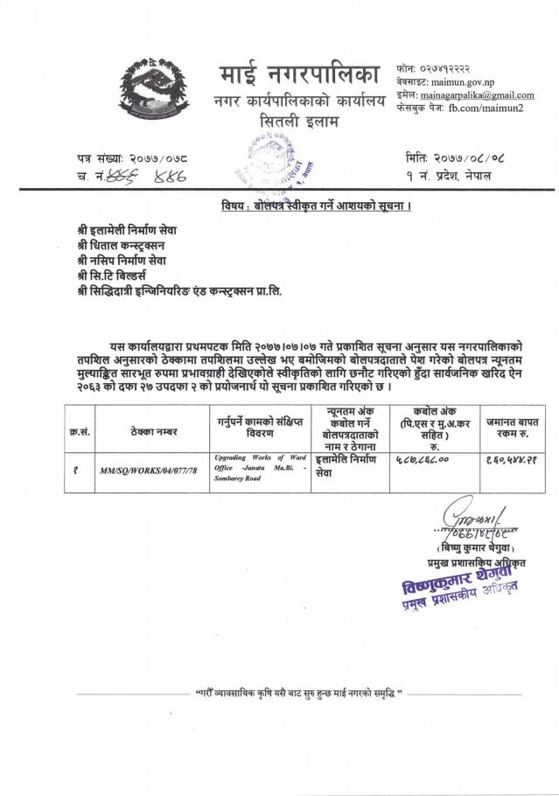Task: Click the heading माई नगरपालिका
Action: (297, 77)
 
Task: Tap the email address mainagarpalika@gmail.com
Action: (477, 94)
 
